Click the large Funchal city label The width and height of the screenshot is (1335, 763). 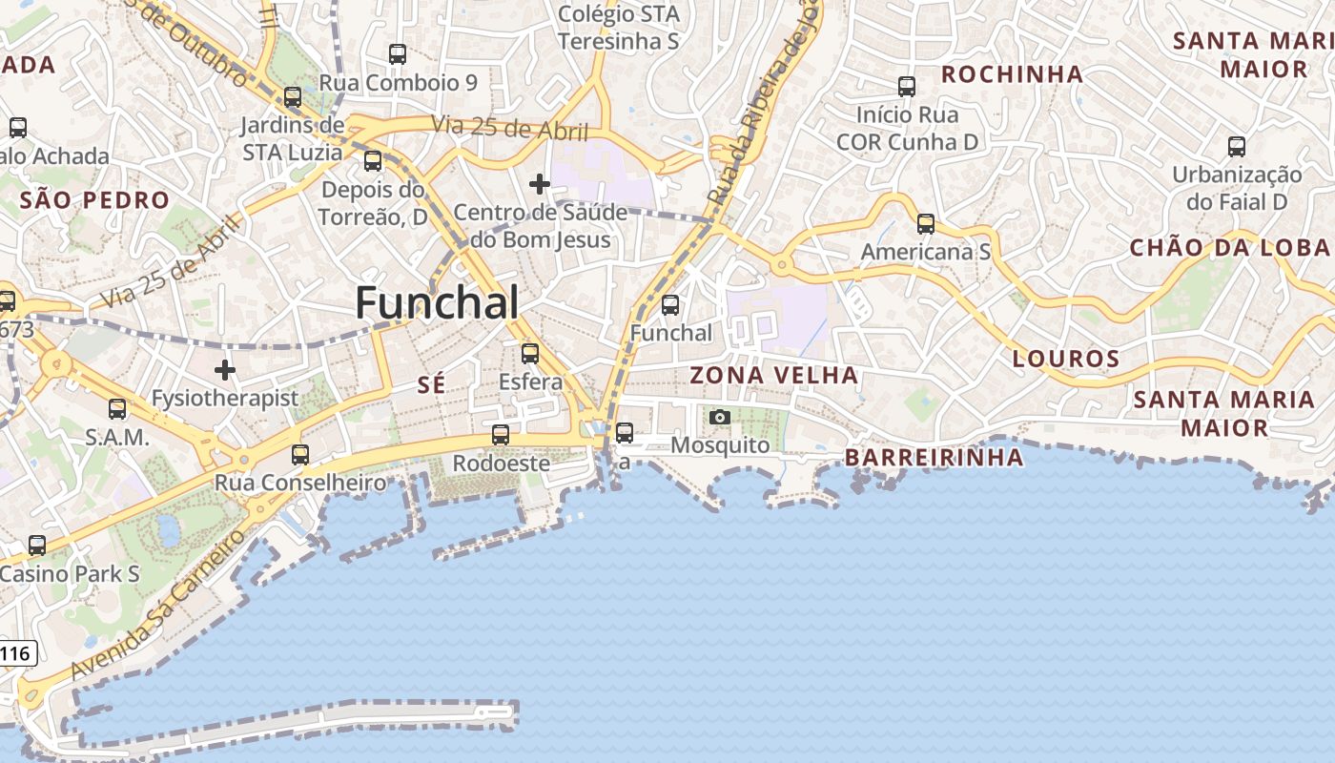coord(438,303)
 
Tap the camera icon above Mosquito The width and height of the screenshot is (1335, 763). coord(720,417)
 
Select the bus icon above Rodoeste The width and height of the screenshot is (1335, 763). coord(500,435)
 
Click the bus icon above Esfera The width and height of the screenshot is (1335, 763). coord(530,354)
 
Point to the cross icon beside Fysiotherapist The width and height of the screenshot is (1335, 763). coord(225,369)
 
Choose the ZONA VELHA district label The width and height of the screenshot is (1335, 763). coord(773,376)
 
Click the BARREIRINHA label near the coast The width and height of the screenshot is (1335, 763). coord(934,458)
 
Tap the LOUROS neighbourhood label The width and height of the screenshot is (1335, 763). coord(1066,360)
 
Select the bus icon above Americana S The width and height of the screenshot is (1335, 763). coord(926,224)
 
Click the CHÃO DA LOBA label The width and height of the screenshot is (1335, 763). coord(1229,248)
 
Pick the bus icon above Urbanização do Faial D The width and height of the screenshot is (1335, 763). coord(1237,147)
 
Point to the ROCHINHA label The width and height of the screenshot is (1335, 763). coord(1012,74)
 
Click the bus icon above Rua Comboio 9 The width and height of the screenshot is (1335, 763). coord(398,54)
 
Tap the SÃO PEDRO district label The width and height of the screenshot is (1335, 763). coord(94,200)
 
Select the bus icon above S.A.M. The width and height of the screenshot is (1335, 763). coord(117,409)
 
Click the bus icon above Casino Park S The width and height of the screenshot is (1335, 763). coord(36,546)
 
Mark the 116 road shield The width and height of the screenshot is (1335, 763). coord(16,654)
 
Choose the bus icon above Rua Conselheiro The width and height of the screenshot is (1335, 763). coord(300,455)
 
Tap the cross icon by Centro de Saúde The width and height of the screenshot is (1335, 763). coord(540,183)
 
